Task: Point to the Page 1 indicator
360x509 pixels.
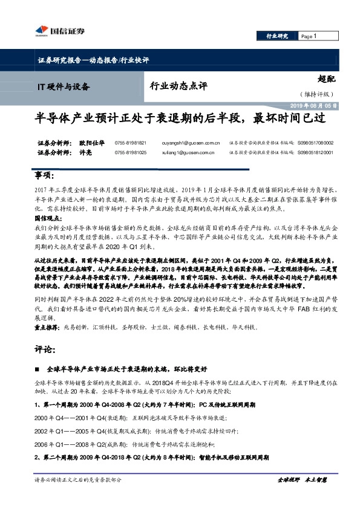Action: point(309,36)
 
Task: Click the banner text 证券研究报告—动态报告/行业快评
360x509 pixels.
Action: point(89,60)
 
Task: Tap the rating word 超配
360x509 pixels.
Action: point(327,79)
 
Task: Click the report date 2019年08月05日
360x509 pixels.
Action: point(319,105)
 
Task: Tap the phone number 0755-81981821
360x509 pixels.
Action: point(130,143)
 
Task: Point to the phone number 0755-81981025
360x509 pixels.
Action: point(130,153)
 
